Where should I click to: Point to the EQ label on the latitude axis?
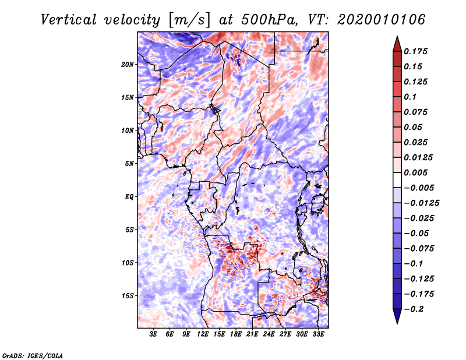click(x=129, y=197)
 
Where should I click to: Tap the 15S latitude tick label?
click(x=128, y=296)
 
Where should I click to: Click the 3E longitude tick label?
click(x=154, y=335)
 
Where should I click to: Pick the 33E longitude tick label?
click(x=318, y=335)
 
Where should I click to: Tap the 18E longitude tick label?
click(x=236, y=335)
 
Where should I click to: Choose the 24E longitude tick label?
click(x=269, y=335)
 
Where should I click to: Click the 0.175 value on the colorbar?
click(x=417, y=51)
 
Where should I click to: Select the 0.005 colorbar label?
click(x=417, y=172)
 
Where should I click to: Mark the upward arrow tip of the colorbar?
click(x=396, y=38)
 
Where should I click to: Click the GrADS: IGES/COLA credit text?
click(x=32, y=355)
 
